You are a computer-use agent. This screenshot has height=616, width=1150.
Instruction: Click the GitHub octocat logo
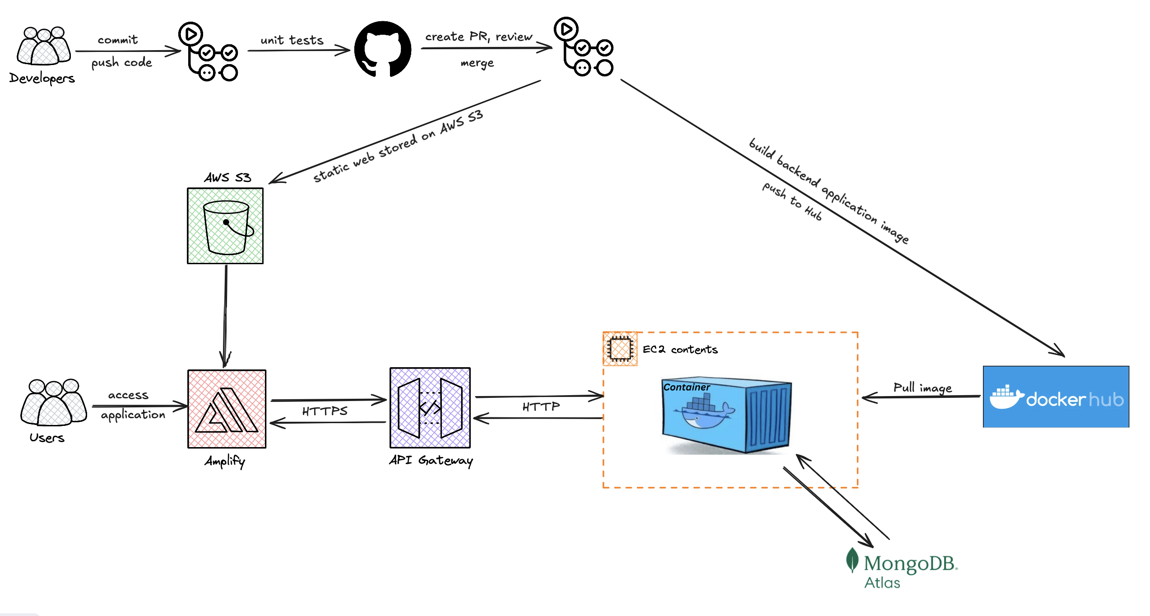[x=383, y=49]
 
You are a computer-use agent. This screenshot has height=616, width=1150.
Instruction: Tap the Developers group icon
[x=43, y=47]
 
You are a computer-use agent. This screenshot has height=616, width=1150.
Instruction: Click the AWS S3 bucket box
[x=225, y=226]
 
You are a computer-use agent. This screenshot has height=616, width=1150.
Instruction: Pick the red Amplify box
[x=227, y=409]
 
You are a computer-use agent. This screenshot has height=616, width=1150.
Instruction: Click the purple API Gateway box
[x=430, y=408]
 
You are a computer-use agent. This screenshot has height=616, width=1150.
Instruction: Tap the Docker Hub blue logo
[x=1056, y=397]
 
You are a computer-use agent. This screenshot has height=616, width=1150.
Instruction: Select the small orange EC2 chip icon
[x=620, y=349]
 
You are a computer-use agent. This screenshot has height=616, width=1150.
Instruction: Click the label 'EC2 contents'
[x=680, y=350]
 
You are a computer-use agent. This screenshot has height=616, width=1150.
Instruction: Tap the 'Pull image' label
[x=922, y=388]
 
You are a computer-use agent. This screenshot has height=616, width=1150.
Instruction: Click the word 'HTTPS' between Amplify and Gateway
[x=325, y=411]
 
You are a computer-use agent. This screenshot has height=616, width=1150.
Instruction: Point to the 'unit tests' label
[x=292, y=41]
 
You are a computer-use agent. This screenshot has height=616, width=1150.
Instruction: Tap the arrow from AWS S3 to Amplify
[x=225, y=316]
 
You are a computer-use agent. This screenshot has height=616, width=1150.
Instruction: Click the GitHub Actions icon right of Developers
[x=209, y=51]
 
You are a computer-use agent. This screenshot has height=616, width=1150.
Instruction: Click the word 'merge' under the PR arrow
[x=477, y=63]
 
